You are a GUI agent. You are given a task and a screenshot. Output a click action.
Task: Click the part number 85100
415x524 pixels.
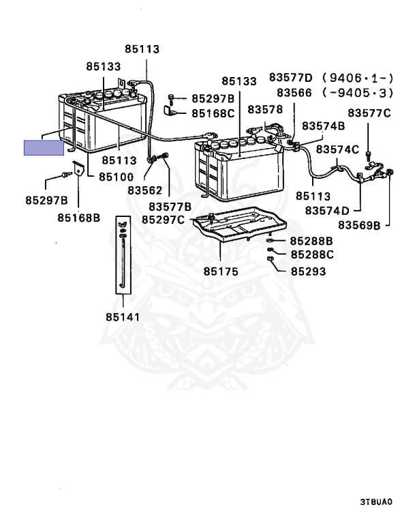(x=117, y=177)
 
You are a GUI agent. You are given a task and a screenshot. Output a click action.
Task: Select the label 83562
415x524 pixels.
(x=144, y=190)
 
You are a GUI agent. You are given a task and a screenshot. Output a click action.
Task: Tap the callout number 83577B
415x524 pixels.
(x=170, y=207)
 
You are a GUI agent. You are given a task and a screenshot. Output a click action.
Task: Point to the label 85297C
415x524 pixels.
(x=163, y=220)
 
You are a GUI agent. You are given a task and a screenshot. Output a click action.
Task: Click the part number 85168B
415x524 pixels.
(x=79, y=218)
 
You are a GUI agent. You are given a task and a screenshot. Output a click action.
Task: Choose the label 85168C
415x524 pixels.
(x=213, y=113)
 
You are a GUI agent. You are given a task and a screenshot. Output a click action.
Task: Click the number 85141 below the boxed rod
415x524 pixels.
(x=123, y=317)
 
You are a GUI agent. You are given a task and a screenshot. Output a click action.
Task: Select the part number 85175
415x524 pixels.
(x=221, y=272)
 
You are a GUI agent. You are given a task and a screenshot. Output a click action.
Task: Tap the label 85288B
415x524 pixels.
(x=311, y=241)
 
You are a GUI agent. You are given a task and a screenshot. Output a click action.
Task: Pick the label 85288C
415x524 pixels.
(x=312, y=254)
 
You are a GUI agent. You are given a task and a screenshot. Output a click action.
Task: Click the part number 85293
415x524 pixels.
(x=308, y=272)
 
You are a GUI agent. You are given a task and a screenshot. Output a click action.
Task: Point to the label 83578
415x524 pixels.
(x=265, y=109)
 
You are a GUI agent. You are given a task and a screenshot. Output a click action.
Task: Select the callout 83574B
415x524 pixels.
(x=323, y=126)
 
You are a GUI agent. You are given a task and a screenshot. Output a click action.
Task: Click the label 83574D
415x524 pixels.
(x=327, y=211)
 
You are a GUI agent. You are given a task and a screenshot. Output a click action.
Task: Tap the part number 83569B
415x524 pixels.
(x=359, y=225)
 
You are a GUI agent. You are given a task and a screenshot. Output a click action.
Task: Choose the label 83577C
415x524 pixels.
(x=369, y=113)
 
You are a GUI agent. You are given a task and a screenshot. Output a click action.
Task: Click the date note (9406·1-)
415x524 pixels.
(x=358, y=78)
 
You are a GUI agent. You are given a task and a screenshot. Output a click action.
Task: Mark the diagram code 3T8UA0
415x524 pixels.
(x=376, y=501)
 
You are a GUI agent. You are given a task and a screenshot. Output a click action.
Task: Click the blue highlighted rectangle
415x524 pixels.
(x=44, y=147)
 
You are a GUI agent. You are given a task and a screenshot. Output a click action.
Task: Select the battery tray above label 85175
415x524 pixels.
(x=240, y=224)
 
